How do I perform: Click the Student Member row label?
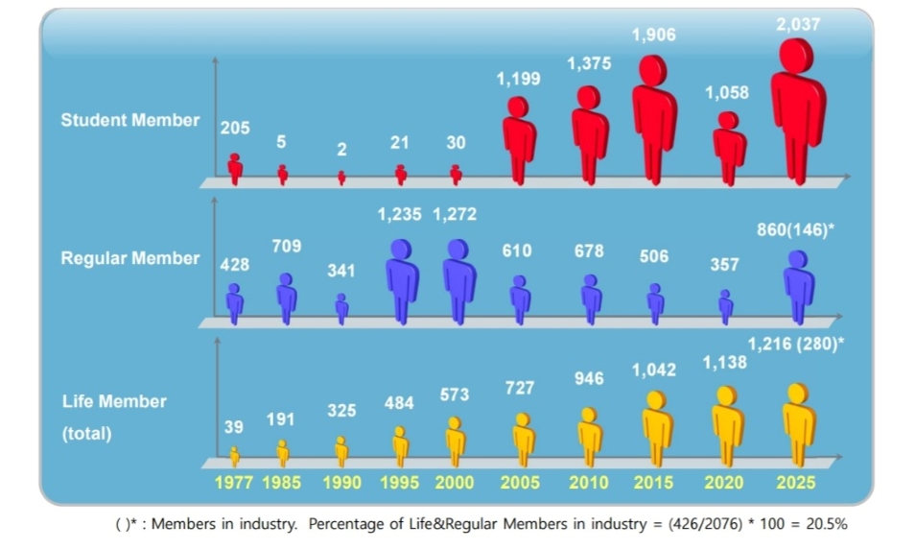(x=129, y=120)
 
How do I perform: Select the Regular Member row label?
(x=129, y=258)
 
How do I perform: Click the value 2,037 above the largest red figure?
(x=798, y=24)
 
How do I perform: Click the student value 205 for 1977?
(x=235, y=128)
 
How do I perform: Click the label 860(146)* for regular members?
(x=796, y=231)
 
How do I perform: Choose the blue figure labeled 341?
(x=341, y=308)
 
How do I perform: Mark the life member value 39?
(x=234, y=427)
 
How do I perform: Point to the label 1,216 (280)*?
(x=796, y=344)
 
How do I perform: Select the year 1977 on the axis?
(x=235, y=483)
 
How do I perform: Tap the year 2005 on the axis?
(x=520, y=483)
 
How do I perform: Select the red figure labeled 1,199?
(x=519, y=139)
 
